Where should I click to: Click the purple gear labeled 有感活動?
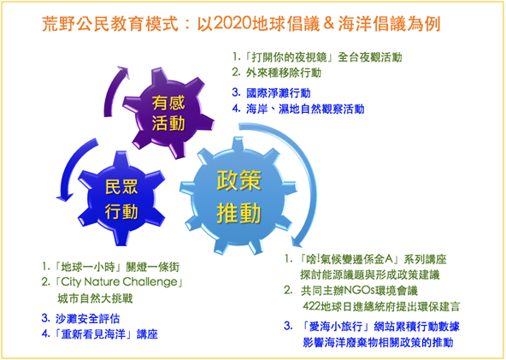point(168,113)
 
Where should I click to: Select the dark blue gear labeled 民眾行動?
point(121,198)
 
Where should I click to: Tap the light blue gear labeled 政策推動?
point(238,196)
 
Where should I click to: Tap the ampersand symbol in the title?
point(328,24)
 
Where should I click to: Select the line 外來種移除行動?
point(284,73)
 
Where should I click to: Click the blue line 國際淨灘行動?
point(278,93)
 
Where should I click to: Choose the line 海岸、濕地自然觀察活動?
point(305,109)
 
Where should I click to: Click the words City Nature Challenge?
point(119,282)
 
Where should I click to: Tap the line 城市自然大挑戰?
point(95,298)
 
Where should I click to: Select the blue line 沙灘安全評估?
point(87,319)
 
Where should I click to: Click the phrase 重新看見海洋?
point(93,334)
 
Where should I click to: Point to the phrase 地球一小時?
point(88,267)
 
